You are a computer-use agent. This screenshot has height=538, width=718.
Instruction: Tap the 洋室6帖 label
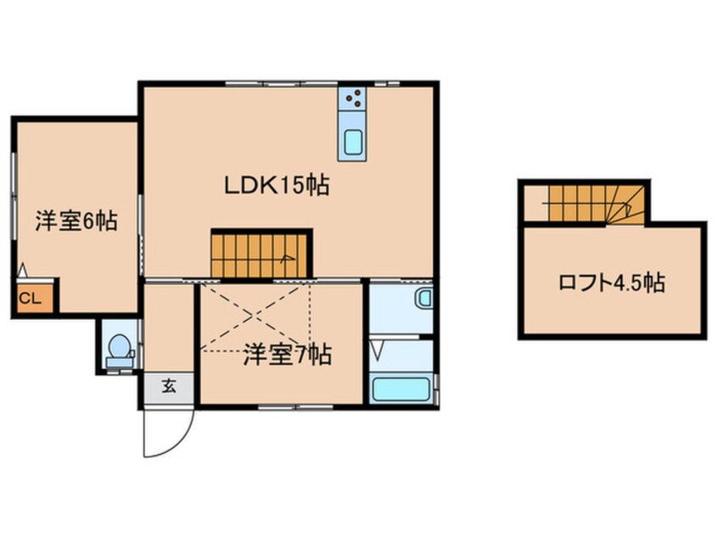click(76, 222)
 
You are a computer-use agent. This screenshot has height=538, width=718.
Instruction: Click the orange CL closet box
click(31, 298)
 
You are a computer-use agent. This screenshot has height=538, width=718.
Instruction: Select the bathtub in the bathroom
click(401, 391)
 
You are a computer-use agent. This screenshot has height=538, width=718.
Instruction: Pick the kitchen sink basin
click(353, 145)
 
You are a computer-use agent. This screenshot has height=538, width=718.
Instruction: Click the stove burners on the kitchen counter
click(354, 101)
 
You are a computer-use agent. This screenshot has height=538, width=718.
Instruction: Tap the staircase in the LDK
click(261, 254)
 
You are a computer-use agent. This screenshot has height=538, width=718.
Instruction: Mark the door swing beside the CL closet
click(23, 271)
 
